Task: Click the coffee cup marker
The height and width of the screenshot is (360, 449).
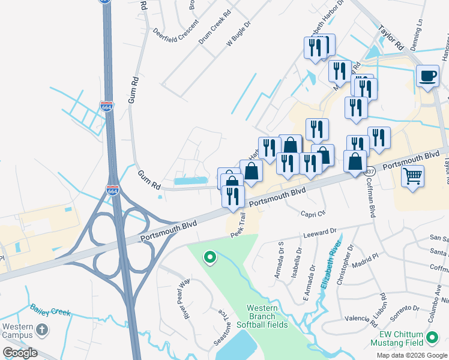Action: tap(427, 77)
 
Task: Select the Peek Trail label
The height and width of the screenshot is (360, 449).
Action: tap(238, 223)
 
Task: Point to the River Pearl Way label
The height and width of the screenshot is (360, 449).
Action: tap(182, 298)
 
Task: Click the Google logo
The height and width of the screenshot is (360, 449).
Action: tap(20, 352)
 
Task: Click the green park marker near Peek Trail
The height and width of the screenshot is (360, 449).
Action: tap(209, 258)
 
